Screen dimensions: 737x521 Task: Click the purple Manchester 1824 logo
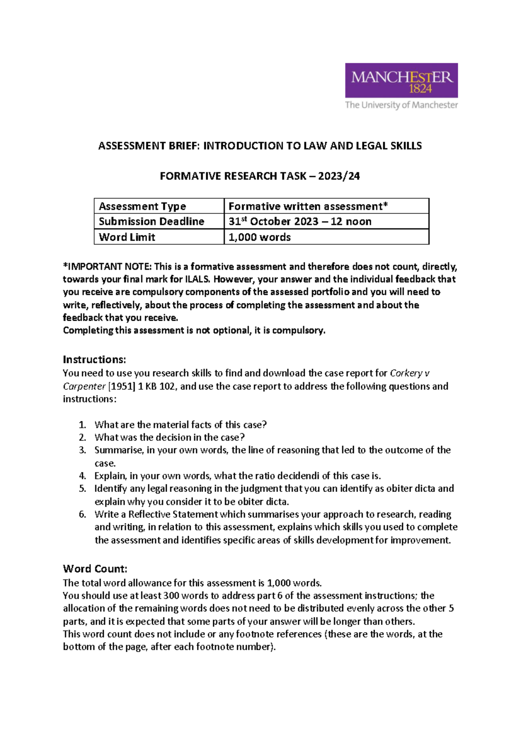click(x=401, y=80)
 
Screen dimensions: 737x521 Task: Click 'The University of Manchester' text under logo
click(x=401, y=105)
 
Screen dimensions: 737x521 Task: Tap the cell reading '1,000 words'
click(x=260, y=237)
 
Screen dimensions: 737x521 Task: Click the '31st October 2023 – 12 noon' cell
click(x=300, y=222)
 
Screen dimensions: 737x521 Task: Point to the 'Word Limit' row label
click(x=127, y=237)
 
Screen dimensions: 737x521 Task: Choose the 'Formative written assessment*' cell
click(x=308, y=206)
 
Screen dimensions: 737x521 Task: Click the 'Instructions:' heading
click(x=94, y=359)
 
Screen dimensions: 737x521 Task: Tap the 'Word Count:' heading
click(x=95, y=569)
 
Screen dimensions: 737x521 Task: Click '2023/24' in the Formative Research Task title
click(x=339, y=176)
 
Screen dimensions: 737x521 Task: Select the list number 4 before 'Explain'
click(x=82, y=476)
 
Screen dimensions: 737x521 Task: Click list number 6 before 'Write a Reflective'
click(x=82, y=515)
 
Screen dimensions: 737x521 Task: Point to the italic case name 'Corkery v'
click(x=409, y=373)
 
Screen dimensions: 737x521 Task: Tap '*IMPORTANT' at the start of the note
click(x=92, y=266)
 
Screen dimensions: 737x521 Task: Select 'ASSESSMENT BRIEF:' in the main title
click(x=149, y=146)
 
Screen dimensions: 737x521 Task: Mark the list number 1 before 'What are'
click(x=82, y=425)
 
